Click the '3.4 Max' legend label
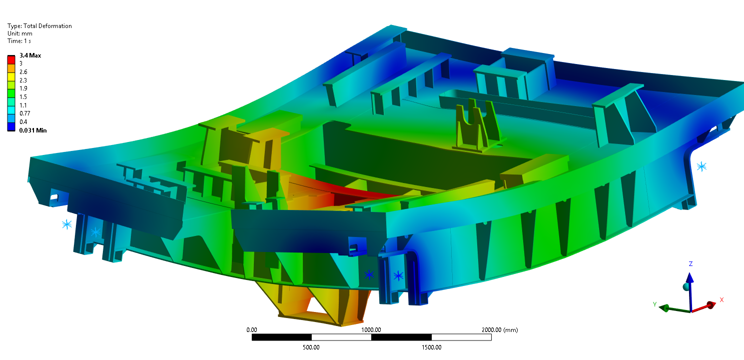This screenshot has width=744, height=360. (30, 55)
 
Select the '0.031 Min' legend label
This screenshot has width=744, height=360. (33, 130)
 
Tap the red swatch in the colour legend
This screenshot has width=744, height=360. (11, 60)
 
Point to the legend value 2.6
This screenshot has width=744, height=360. (23, 72)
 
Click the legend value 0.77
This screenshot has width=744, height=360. (25, 113)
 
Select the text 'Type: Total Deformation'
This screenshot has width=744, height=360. (39, 26)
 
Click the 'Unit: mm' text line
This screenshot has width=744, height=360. (20, 33)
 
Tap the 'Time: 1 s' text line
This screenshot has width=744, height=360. (19, 41)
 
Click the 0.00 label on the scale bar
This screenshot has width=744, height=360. (252, 330)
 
